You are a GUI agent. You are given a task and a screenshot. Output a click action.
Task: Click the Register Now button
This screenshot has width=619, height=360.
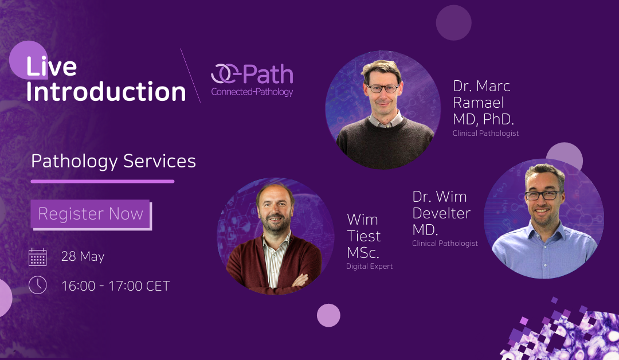click(91, 214)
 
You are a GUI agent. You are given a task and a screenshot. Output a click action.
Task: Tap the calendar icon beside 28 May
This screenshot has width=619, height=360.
click(38, 257)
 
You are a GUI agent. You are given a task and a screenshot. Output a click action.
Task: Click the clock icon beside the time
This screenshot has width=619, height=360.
click(38, 285)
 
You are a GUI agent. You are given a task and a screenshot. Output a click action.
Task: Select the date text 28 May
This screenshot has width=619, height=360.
click(83, 257)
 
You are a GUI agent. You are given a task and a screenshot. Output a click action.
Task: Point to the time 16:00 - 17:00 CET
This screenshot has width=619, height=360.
click(115, 285)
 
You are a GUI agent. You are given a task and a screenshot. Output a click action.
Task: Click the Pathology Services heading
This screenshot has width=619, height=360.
click(113, 161)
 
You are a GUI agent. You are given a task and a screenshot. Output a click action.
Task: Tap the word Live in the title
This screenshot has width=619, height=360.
click(52, 68)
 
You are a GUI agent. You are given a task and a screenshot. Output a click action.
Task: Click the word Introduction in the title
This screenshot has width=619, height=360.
click(106, 92)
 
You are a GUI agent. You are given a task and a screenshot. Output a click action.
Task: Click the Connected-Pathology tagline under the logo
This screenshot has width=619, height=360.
click(252, 92)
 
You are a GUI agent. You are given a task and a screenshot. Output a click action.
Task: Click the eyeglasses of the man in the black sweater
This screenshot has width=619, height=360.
click(383, 88)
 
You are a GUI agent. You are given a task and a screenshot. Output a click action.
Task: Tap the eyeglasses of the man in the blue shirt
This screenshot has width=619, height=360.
click(543, 195)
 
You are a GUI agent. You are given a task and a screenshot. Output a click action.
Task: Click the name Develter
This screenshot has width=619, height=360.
click(441, 213)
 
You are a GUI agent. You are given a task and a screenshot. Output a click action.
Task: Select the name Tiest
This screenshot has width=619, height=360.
click(363, 236)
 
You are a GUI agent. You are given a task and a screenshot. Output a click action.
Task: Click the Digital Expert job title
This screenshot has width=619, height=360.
click(369, 267)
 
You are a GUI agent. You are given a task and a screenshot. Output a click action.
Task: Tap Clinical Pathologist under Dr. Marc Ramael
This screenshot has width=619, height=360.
click(485, 134)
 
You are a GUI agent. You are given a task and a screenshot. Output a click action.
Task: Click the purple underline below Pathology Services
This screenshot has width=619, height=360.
click(103, 181)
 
